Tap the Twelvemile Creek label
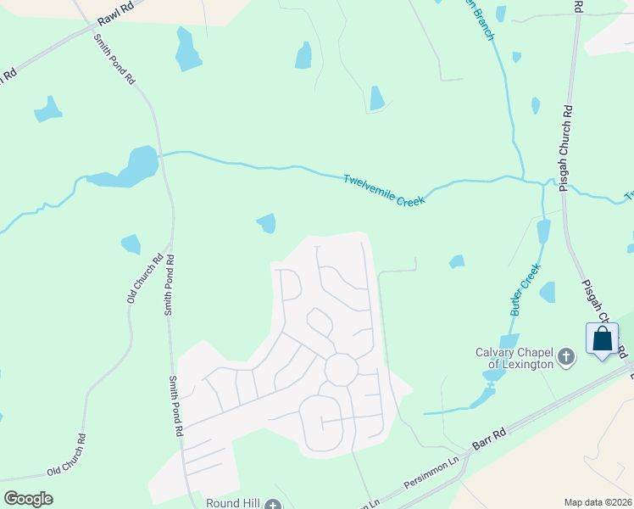tap(384, 189)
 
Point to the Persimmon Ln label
tap(431, 472)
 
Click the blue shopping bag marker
tap(602, 339)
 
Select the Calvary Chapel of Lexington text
tap(514, 358)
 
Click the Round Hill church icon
tap(272, 505)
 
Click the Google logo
tap(28, 498)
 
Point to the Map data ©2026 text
tap(597, 502)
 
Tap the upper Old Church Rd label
tap(144, 280)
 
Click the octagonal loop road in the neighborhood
tap(342, 369)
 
